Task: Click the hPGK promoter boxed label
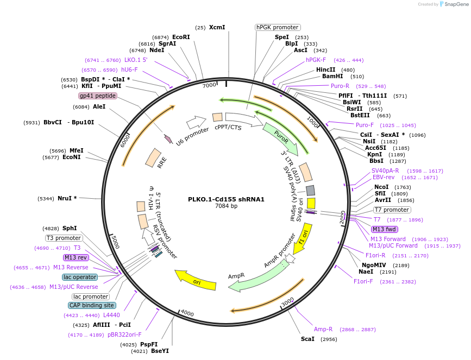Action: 278,27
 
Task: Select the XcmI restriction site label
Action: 217,27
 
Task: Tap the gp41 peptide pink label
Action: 98,96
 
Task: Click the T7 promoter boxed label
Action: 392,210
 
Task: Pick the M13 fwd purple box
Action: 384,229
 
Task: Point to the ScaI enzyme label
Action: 307,339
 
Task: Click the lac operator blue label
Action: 80,277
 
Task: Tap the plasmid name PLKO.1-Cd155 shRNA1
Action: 226,199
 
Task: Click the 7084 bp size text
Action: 226,206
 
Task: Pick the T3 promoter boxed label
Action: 64,238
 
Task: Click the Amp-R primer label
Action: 323,329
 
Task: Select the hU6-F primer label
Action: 129,70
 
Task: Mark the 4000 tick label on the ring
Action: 187,313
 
